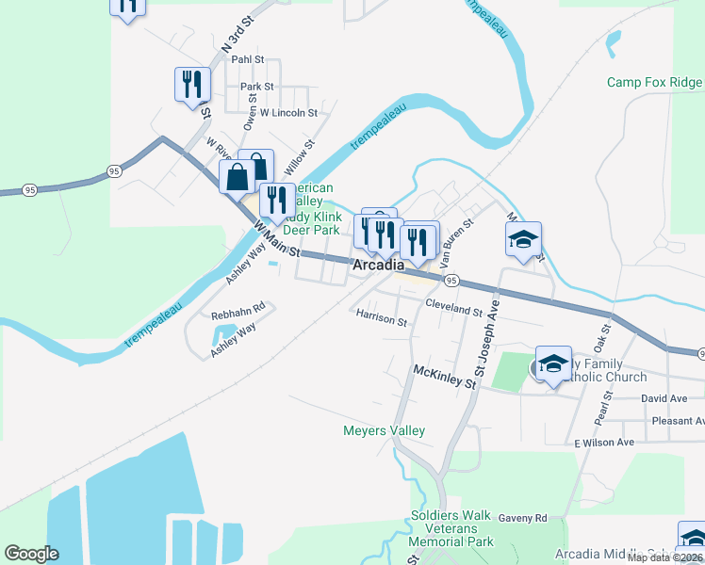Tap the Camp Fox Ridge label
(654, 83)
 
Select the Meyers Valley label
(383, 431)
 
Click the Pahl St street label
(248, 59)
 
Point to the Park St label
(256, 87)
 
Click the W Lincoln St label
(289, 113)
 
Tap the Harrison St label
(382, 320)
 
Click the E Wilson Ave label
(603, 443)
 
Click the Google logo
(31, 554)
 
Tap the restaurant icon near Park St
(191, 85)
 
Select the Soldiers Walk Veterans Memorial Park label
(452, 529)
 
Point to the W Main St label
(276, 240)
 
